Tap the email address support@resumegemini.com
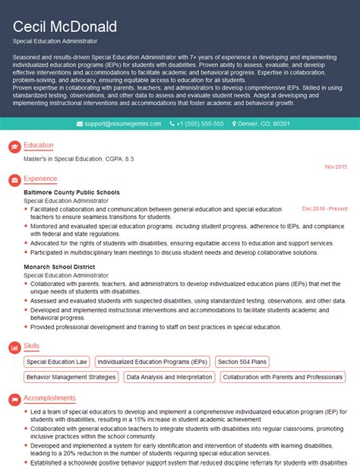click(121, 124)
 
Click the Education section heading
click(39, 145)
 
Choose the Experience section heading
click(40, 179)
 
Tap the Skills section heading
click(32, 346)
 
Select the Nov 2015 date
click(336, 166)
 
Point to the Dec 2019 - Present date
click(324, 208)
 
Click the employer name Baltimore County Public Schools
click(72, 192)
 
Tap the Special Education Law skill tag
click(57, 362)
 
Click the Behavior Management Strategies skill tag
click(71, 376)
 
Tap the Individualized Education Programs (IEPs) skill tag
click(153, 362)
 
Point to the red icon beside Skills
click(13, 347)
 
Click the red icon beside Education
click(13, 146)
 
